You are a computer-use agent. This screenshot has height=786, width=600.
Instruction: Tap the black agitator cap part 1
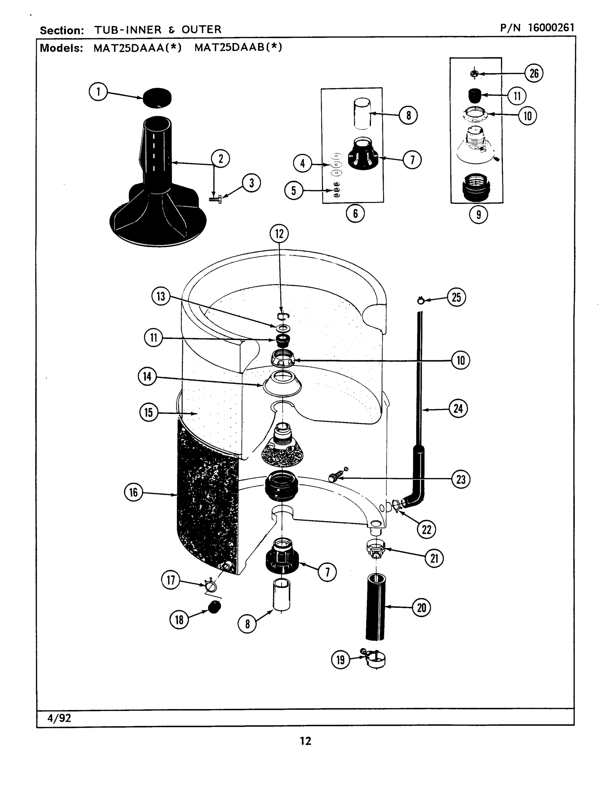157,98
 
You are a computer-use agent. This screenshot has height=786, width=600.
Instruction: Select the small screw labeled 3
215,199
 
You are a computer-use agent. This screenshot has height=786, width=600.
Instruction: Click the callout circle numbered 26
534,73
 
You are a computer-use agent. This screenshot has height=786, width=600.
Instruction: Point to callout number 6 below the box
355,214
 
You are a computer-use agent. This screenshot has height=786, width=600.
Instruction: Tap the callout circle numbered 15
149,412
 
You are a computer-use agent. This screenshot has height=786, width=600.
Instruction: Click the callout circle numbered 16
133,492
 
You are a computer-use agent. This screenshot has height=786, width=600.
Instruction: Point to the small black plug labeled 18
215,607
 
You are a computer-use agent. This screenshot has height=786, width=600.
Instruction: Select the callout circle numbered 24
458,408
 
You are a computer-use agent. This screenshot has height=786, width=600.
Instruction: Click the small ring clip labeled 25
420,300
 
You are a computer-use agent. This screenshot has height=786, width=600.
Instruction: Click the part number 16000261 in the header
550,28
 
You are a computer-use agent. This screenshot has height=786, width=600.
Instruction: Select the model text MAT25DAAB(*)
238,47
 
